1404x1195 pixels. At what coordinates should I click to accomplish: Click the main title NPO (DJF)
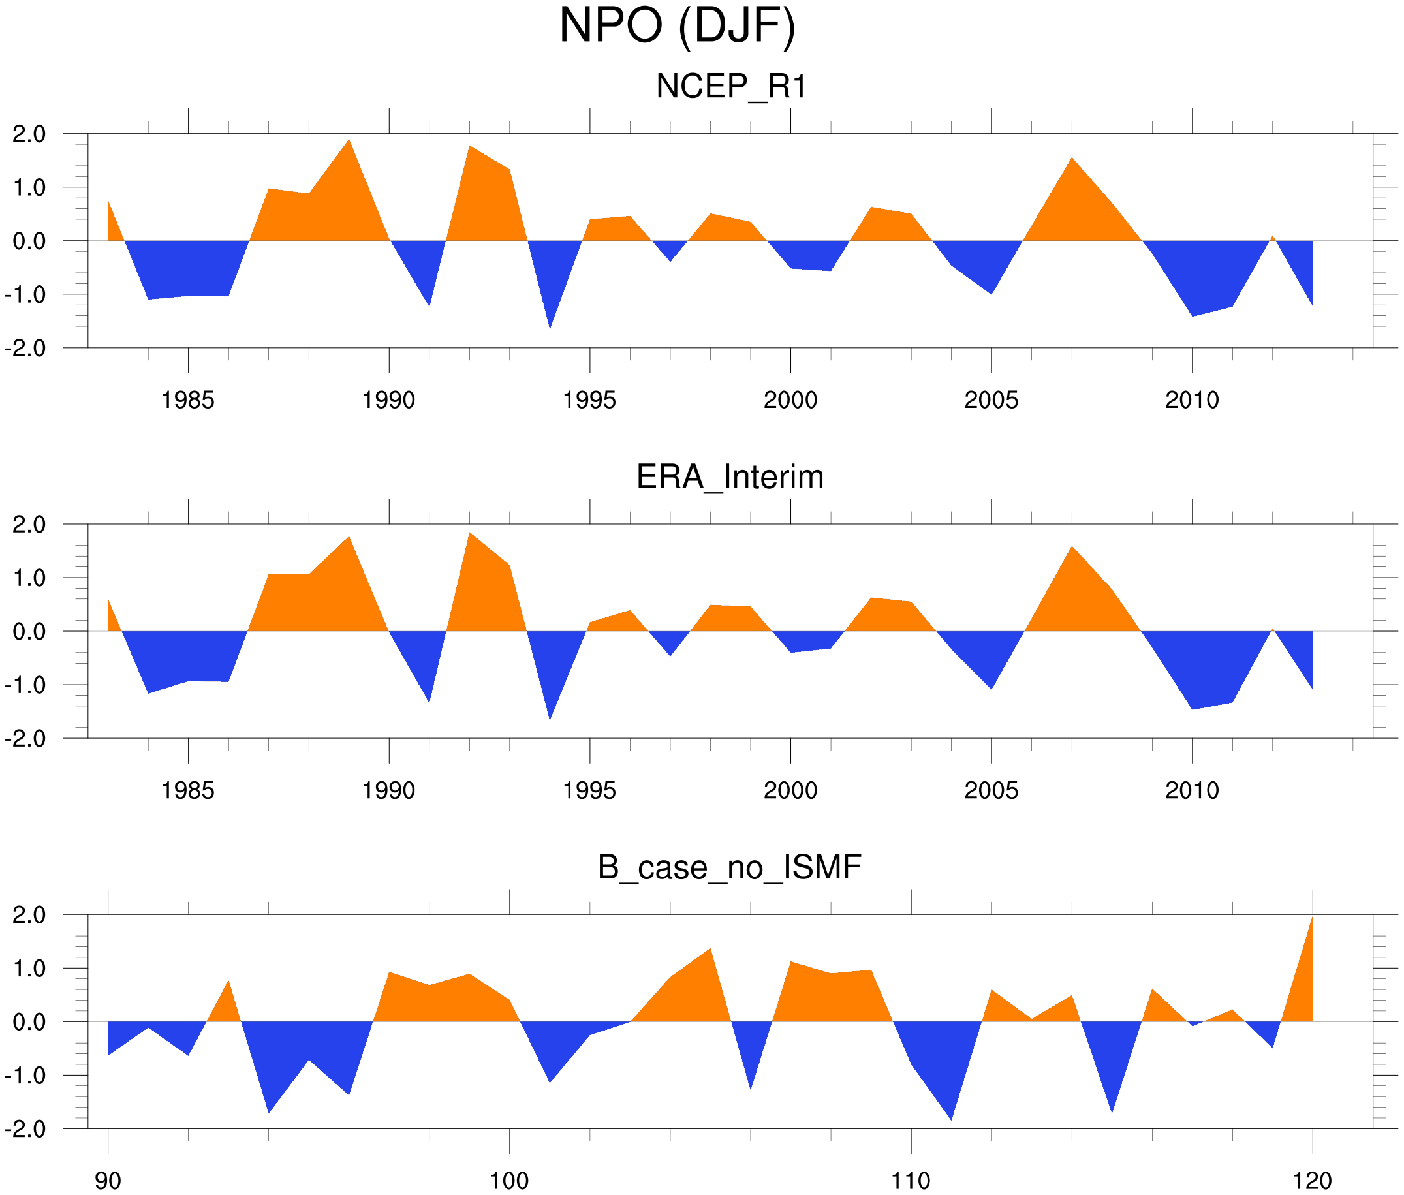click(676, 27)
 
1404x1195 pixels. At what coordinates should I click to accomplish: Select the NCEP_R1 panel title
click(730, 87)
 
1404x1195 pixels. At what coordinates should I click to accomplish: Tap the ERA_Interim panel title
click(730, 477)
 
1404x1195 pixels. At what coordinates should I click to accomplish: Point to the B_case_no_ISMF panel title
click(729, 867)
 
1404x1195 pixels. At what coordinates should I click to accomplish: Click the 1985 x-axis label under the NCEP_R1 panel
click(188, 400)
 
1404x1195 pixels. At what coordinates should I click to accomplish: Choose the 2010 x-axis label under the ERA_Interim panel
click(1192, 790)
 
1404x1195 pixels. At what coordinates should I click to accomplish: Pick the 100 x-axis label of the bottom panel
click(509, 1181)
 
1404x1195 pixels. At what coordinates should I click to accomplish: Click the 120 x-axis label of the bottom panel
click(1313, 1181)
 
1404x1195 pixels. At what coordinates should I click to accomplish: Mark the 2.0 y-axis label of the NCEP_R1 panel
click(29, 134)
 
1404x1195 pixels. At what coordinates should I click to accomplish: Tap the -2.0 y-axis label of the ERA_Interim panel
click(25, 738)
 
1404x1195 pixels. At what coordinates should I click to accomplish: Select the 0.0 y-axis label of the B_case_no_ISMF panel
click(29, 1022)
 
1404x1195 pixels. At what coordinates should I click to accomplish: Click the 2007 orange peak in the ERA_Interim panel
click(1072, 563)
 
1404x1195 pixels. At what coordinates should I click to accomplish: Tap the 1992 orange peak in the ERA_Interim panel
click(470, 549)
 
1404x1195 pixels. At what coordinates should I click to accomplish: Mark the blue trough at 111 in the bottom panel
click(950, 1098)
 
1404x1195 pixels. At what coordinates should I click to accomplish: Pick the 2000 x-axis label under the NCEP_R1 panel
click(790, 400)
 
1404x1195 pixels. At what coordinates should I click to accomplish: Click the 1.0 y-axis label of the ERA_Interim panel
click(29, 578)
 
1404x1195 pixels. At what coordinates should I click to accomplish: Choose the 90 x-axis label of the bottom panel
click(108, 1181)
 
